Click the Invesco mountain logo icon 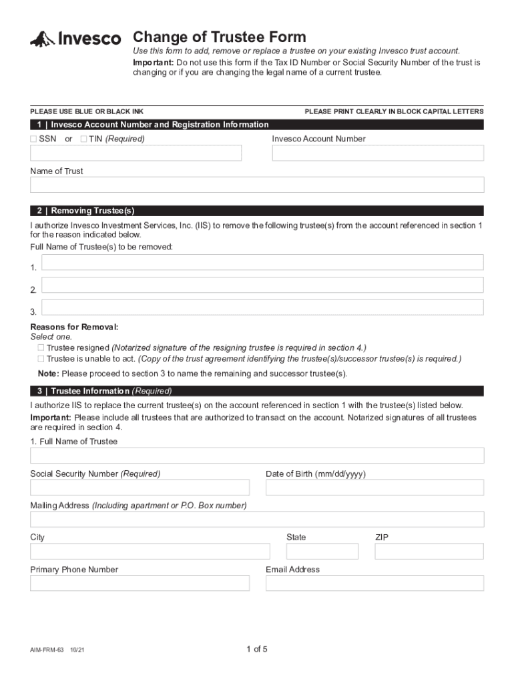(42, 39)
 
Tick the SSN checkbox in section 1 (33, 139)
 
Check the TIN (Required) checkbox (83, 139)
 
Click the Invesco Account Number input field (377, 153)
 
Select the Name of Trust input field (257, 185)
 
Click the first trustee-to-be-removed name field (262, 262)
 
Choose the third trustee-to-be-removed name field (262, 307)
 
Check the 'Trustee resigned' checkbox (41, 348)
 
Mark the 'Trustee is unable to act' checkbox (41, 358)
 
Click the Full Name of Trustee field (257, 456)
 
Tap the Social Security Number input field (140, 488)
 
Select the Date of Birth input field (374, 488)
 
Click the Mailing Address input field (257, 520)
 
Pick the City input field (150, 551)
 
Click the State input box (322, 551)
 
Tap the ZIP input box (429, 551)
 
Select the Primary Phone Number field (140, 583)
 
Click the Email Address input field (374, 583)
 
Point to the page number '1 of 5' (257, 649)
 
